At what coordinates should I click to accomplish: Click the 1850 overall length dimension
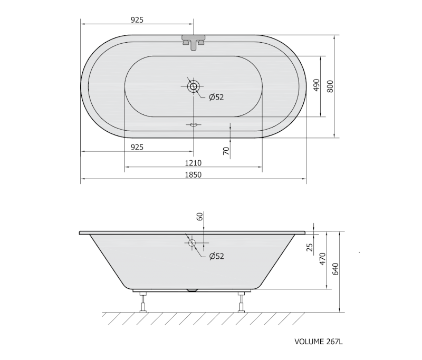point(193,175)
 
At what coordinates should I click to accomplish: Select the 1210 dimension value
point(193,163)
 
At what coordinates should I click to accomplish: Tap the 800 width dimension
point(330,86)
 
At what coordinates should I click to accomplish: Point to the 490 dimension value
point(317,85)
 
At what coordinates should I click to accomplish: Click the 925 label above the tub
point(137,20)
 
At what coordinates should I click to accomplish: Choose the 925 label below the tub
point(137,148)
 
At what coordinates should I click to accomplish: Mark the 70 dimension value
point(226,151)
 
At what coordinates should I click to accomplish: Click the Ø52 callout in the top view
point(216,97)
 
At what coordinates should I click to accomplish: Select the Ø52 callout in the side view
point(216,256)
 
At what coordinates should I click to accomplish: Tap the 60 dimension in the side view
point(200,217)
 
